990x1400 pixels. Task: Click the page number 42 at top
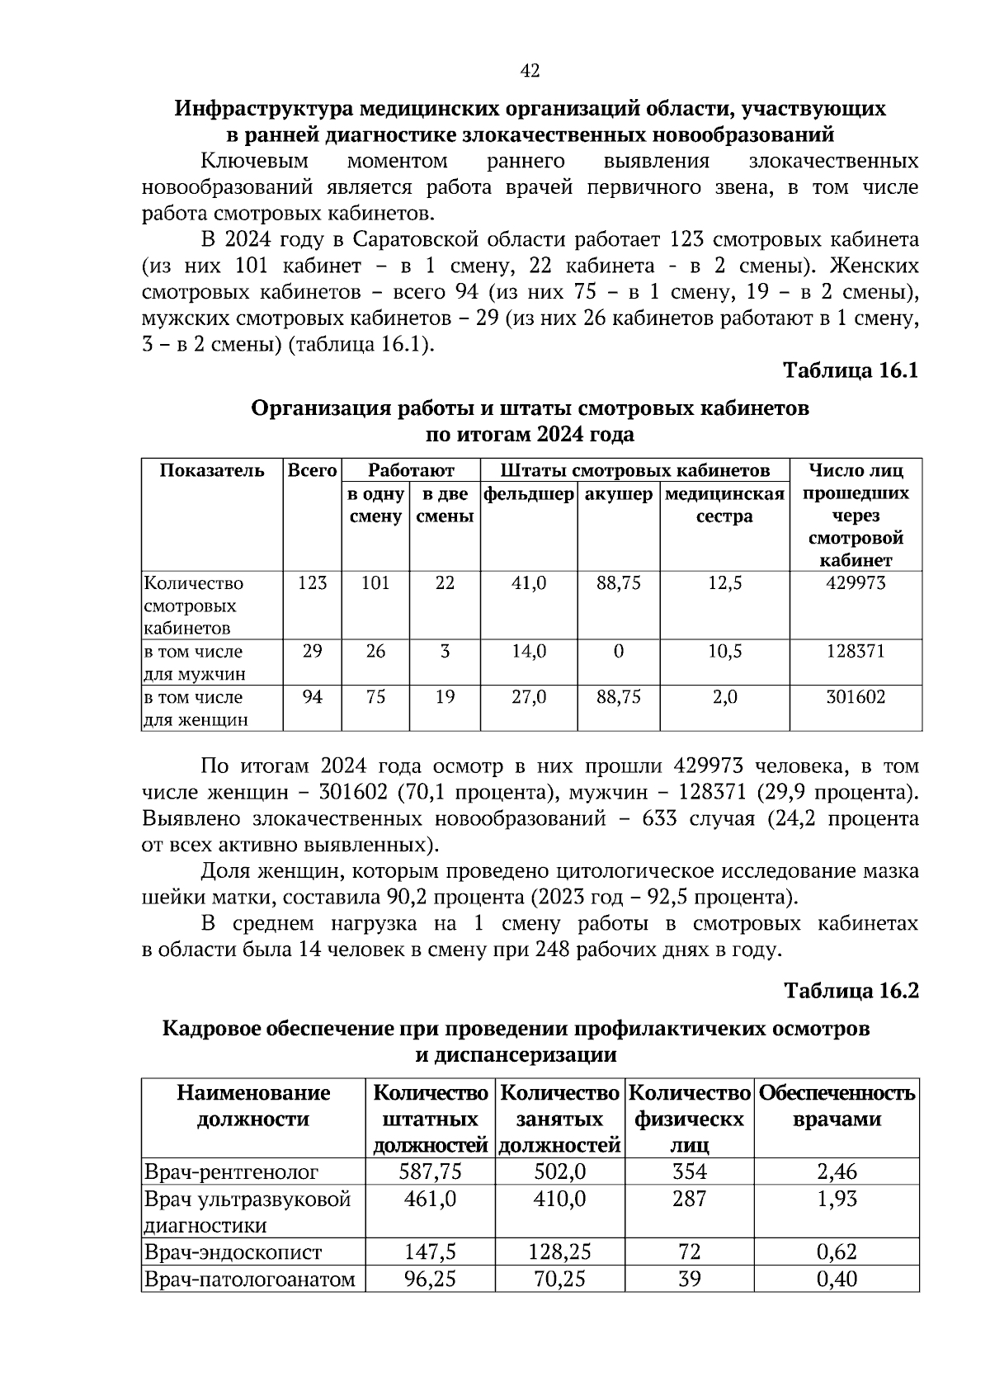(x=530, y=72)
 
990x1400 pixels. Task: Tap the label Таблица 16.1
(x=851, y=370)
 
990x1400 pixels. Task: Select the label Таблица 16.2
(x=851, y=990)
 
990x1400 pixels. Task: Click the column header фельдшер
(x=528, y=494)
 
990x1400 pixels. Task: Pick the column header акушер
(x=618, y=494)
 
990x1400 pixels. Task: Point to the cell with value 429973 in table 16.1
(x=856, y=583)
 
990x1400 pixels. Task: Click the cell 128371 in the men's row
(x=856, y=651)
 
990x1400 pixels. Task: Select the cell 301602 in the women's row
(x=856, y=697)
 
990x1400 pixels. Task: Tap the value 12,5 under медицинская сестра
(x=724, y=583)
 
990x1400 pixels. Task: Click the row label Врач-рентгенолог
(x=231, y=1171)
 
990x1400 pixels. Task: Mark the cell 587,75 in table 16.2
(x=430, y=1171)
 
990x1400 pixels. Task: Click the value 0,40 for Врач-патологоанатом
(x=837, y=1280)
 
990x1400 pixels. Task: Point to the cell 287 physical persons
(x=689, y=1199)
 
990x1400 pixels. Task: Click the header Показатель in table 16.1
(x=212, y=471)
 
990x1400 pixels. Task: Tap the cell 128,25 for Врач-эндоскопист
(x=559, y=1252)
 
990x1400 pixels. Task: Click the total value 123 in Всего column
(x=312, y=583)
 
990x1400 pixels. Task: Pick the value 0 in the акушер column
(x=618, y=651)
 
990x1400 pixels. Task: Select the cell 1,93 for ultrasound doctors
(x=837, y=1199)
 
